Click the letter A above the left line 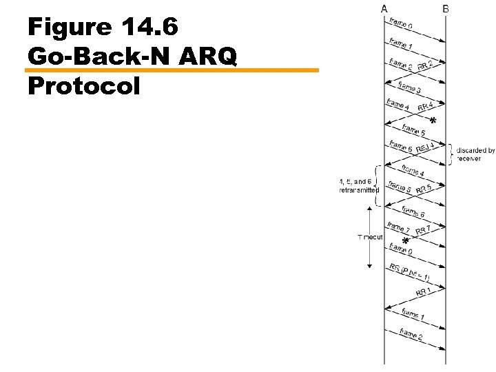(384, 8)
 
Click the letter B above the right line (446, 8)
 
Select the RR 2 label (425, 66)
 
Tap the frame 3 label (410, 88)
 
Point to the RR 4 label (425, 106)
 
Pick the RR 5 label (424, 188)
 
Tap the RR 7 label (424, 230)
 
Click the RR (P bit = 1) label (410, 273)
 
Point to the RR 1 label (424, 291)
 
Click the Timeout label (370, 236)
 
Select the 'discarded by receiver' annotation (475, 154)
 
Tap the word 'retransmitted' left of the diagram (359, 190)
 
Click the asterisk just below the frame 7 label (405, 241)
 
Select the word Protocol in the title (84, 86)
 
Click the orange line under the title (172, 70)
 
